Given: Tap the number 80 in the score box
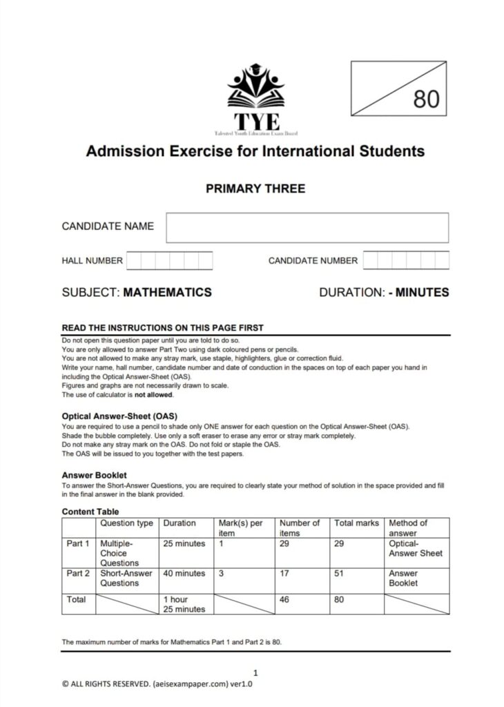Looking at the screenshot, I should pyautogui.click(x=426, y=99).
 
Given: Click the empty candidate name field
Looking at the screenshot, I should pyautogui.click(x=307, y=227).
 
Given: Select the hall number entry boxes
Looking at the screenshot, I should pyautogui.click(x=169, y=260).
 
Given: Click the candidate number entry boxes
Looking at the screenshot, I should pyautogui.click(x=405, y=260).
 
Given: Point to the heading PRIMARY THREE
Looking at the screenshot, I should pyautogui.click(x=255, y=188).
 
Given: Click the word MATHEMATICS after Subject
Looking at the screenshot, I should pyautogui.click(x=167, y=292).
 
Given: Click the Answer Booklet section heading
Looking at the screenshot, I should pyautogui.click(x=94, y=475).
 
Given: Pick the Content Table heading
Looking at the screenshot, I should pyautogui.click(x=90, y=512).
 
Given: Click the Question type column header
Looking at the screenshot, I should pyautogui.click(x=126, y=523).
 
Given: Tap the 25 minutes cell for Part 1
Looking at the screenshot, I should pyautogui.click(x=184, y=544).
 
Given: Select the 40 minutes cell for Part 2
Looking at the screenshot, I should pyautogui.click(x=184, y=574).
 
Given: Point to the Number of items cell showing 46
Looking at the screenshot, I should pyautogui.click(x=284, y=600).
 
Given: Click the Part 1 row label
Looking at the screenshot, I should pyautogui.click(x=78, y=544).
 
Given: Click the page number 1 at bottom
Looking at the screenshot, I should pyautogui.click(x=255, y=672).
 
